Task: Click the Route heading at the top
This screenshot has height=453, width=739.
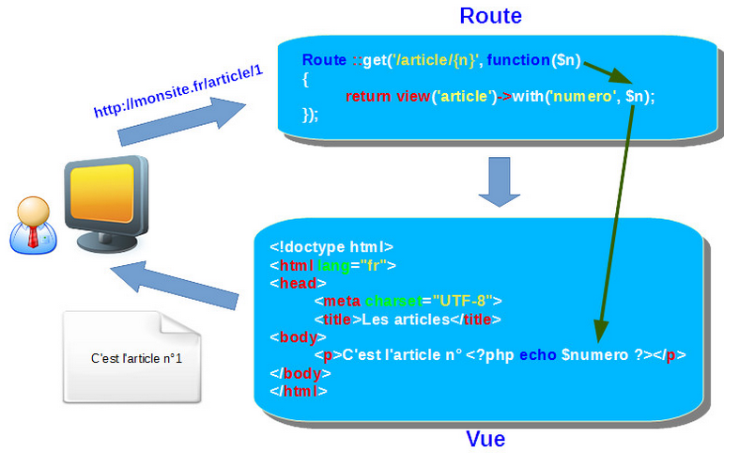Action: tap(490, 16)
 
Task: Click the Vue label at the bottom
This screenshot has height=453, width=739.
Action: tap(485, 439)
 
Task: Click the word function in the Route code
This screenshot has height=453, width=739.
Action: tap(519, 60)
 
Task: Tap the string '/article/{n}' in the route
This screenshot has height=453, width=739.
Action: tap(437, 60)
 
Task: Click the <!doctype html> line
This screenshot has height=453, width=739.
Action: tap(324, 247)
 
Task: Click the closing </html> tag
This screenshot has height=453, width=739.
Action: tap(298, 390)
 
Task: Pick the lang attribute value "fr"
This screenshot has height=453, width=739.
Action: tap(373, 265)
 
